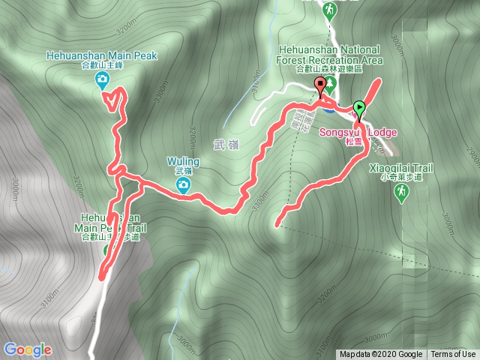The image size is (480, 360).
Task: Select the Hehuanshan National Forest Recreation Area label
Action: (328, 54)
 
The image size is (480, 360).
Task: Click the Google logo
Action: (27, 349)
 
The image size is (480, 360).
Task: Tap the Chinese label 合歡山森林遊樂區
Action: (328, 68)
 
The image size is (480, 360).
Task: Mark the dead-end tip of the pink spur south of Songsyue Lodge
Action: (277, 223)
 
